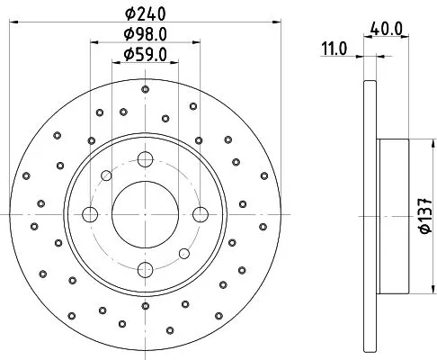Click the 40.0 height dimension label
coord(386,29)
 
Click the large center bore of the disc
coord(143,213)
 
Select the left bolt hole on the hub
coord(90,213)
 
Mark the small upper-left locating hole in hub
coord(106,175)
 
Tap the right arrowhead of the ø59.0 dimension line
coord(174,62)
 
